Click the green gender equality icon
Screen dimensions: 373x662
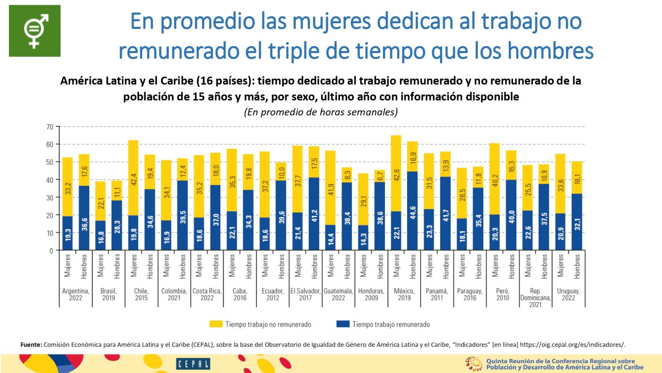[35, 31]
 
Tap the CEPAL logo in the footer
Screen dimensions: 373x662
[193, 364]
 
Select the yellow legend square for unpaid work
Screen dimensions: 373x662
[215, 324]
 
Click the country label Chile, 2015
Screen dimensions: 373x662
[141, 294]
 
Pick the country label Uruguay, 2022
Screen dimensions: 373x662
[568, 294]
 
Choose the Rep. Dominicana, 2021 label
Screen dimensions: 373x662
[535, 298]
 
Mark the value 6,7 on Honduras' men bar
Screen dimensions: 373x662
[380, 177]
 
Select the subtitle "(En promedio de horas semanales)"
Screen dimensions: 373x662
[321, 113]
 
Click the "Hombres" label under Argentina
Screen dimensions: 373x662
[83, 266]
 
